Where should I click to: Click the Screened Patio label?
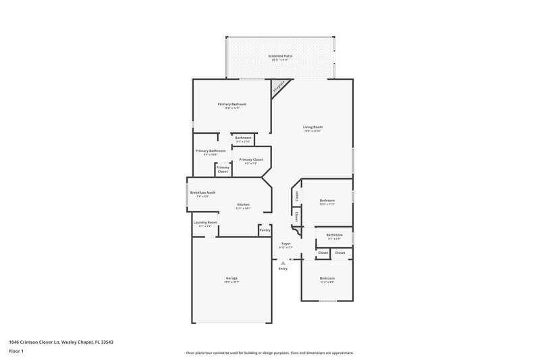(x=279, y=56)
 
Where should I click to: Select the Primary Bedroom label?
(x=232, y=104)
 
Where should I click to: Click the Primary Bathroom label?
(x=210, y=151)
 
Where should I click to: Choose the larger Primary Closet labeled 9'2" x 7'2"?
(x=250, y=159)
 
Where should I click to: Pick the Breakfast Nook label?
(x=202, y=192)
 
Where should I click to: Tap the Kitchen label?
(x=243, y=205)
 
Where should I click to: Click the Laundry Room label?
(x=205, y=222)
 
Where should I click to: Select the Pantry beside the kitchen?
(x=265, y=230)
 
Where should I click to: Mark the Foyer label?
(x=286, y=243)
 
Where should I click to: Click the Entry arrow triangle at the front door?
(x=282, y=261)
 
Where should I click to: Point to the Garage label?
(x=232, y=278)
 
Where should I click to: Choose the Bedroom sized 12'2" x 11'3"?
(x=327, y=201)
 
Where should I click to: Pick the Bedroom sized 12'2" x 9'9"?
(x=327, y=278)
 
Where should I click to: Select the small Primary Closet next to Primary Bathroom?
(x=223, y=170)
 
